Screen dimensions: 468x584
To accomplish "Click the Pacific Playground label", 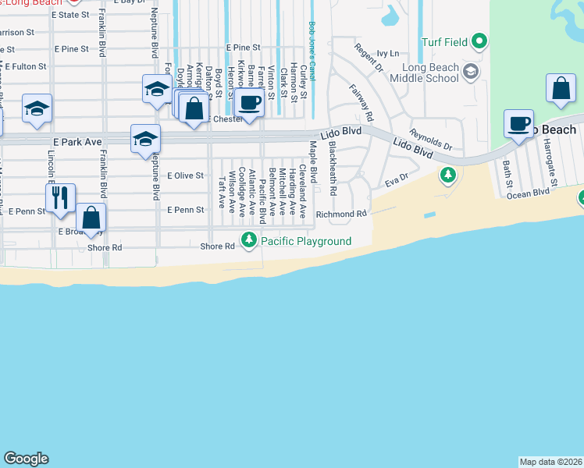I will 306,242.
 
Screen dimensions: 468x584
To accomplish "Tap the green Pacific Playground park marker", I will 249,239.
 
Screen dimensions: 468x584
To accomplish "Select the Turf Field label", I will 447,41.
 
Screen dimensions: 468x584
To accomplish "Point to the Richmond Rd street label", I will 341,214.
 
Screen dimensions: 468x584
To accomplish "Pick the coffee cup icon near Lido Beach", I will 519,124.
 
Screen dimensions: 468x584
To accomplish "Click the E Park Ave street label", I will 77,142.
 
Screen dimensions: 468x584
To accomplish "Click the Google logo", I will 26,459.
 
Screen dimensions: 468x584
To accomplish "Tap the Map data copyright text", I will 550,462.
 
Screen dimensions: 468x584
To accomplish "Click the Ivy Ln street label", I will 387,54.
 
